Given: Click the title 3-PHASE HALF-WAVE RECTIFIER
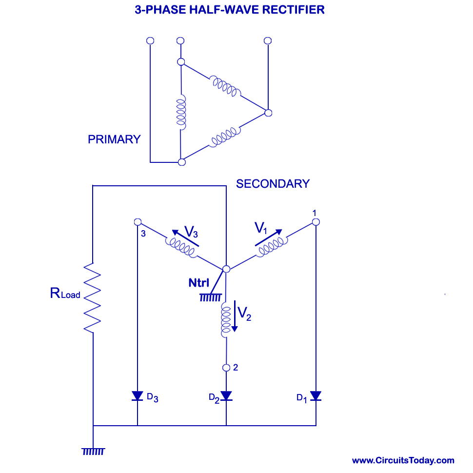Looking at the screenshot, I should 230,10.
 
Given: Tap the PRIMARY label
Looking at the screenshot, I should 114,139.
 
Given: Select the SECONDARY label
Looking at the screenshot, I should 273,184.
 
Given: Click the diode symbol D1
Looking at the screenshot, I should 315,395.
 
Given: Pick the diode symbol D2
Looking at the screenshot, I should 226,395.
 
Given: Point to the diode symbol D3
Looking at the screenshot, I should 138,395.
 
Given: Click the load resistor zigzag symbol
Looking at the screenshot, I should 92,298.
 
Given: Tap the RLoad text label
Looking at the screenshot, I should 65,294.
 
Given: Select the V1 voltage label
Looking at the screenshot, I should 262,227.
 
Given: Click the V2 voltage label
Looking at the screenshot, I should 245,313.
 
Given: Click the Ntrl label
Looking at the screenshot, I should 199,282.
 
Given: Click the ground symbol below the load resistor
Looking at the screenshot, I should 93,451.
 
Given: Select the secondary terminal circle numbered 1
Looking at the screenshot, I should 315,222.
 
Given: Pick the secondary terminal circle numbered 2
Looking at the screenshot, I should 226,368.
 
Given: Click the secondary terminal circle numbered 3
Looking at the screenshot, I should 138,222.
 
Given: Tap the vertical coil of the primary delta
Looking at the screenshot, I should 181,113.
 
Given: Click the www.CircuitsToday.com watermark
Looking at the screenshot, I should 403,460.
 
